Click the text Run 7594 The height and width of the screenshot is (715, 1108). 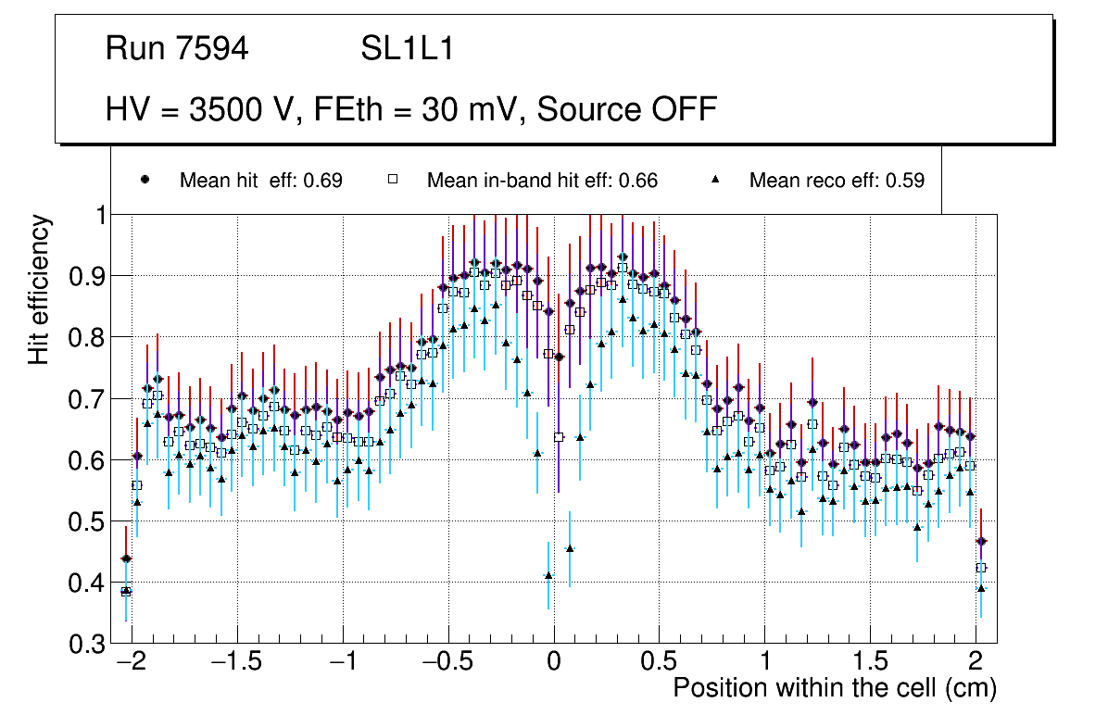point(177,49)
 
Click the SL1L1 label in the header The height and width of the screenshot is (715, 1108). point(407,49)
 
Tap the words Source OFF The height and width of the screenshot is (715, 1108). point(627,109)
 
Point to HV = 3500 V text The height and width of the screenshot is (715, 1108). point(203,109)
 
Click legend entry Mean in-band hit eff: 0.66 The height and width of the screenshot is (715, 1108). point(542,181)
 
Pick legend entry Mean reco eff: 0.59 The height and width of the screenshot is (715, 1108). point(837,181)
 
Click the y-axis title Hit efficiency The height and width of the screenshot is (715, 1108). point(39,289)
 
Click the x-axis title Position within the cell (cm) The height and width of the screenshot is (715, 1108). point(834,688)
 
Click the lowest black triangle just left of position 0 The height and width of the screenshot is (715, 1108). point(548,575)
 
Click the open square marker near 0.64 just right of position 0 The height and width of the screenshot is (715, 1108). point(559,436)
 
